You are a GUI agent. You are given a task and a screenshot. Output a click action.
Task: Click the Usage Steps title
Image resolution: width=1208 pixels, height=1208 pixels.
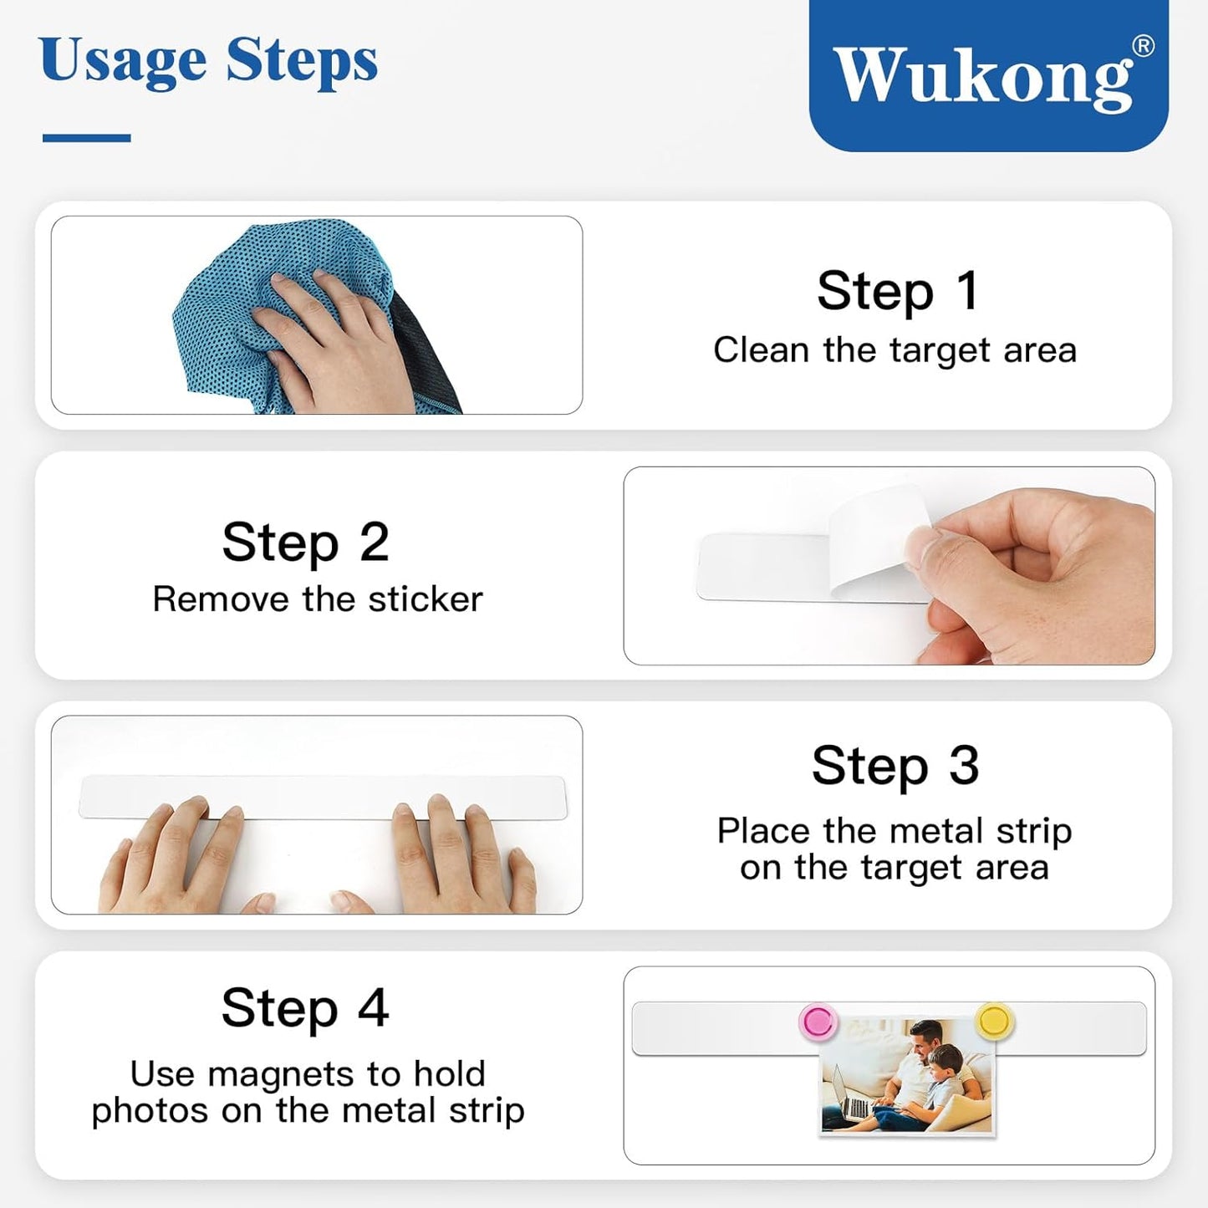pyautogui.click(x=208, y=61)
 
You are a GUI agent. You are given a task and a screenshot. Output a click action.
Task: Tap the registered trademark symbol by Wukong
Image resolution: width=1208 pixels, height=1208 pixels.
pyautogui.click(x=1143, y=46)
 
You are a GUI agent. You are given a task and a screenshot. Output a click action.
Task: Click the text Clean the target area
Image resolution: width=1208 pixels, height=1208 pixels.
pyautogui.click(x=895, y=349)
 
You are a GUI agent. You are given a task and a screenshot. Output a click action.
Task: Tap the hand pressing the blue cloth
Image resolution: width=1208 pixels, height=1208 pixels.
pyautogui.click(x=334, y=343)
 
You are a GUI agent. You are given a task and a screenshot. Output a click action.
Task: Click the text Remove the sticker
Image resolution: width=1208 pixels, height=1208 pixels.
pyautogui.click(x=317, y=599)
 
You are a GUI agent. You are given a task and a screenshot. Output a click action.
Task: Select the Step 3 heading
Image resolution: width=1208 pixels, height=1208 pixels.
pyautogui.click(x=895, y=765)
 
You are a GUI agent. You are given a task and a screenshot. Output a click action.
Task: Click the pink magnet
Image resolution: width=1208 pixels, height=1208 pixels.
pyautogui.click(x=818, y=1022)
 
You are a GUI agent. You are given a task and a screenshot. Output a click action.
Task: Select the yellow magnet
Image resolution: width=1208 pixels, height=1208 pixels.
pyautogui.click(x=993, y=1021)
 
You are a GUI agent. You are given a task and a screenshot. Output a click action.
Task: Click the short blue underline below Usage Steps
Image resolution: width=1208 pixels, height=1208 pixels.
pyautogui.click(x=86, y=138)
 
